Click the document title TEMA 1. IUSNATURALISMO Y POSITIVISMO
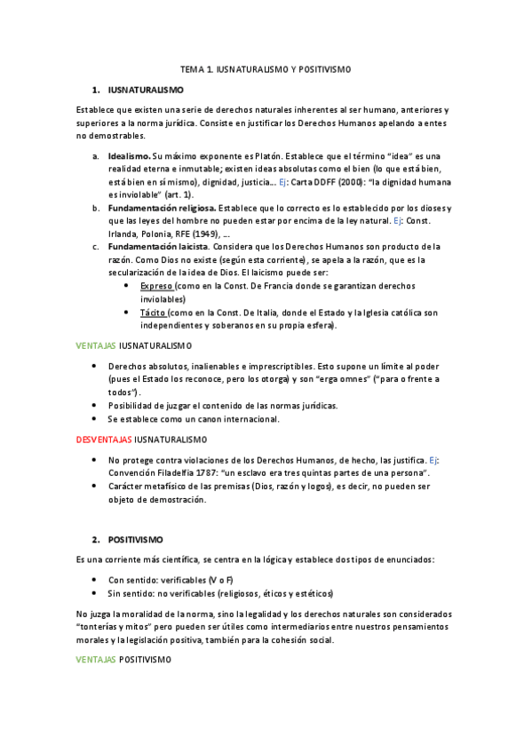(x=266, y=68)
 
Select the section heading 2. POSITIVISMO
(x=135, y=539)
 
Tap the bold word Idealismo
(x=131, y=155)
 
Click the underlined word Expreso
(x=156, y=286)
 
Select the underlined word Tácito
(x=154, y=313)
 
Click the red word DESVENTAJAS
(x=103, y=439)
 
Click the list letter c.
(x=95, y=245)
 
